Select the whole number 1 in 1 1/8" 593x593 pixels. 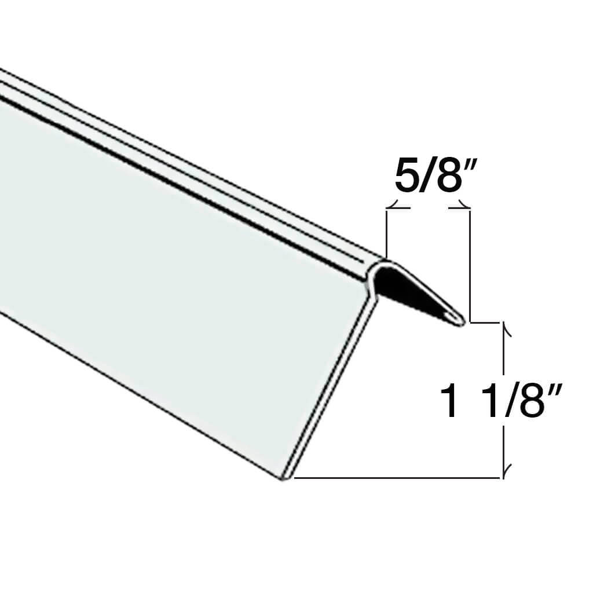pos(449,402)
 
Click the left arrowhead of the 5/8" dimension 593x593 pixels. pos(393,205)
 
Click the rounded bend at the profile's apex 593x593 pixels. pos(382,265)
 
